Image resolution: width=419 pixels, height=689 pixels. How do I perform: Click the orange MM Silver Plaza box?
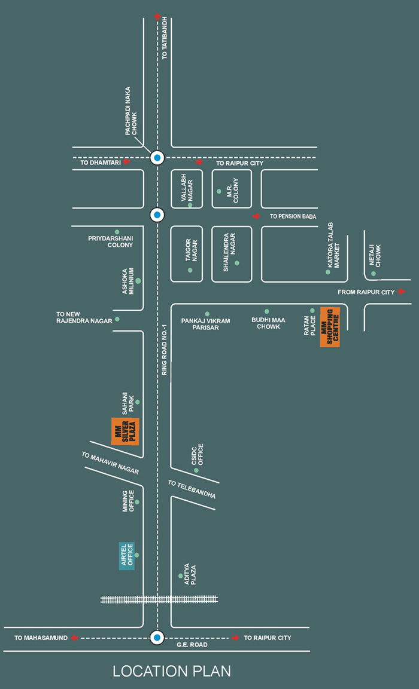(126, 431)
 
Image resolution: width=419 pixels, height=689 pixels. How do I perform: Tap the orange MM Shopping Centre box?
(330, 326)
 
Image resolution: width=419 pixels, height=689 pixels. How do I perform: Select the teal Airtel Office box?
(126, 555)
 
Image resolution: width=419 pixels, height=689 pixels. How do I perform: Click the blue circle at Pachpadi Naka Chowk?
(157, 158)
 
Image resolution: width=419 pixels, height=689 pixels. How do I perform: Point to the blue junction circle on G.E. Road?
(157, 638)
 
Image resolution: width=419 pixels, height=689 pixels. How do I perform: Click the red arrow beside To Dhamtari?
(127, 162)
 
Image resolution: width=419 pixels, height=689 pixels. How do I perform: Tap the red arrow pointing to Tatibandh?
(157, 17)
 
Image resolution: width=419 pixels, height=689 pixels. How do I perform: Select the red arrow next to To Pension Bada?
(257, 216)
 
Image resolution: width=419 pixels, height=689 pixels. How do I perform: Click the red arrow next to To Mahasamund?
(74, 638)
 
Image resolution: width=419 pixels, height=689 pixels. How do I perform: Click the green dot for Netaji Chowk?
(374, 274)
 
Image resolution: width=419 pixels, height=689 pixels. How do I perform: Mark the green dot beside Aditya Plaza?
(180, 576)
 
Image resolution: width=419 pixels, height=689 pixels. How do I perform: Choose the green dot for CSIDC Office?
(196, 470)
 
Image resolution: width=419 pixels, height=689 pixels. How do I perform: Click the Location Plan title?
(172, 671)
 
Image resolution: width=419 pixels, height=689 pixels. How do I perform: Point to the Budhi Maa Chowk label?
(268, 323)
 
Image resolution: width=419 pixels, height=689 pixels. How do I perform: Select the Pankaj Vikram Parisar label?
(205, 324)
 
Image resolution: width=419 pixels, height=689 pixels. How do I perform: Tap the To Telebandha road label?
(192, 489)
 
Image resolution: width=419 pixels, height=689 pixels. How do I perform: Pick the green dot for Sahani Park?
(138, 402)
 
